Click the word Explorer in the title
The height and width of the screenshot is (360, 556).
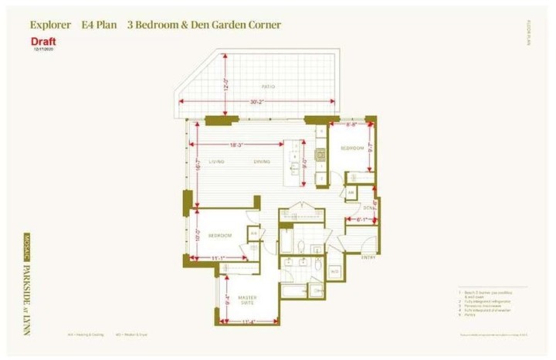(x=51, y=25)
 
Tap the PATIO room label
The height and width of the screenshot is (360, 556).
(x=268, y=87)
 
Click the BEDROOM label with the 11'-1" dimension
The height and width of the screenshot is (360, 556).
(x=221, y=235)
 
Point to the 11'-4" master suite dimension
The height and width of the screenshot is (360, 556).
(x=248, y=320)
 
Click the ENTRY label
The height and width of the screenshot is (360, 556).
(x=368, y=256)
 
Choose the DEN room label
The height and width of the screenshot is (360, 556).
(x=369, y=208)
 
